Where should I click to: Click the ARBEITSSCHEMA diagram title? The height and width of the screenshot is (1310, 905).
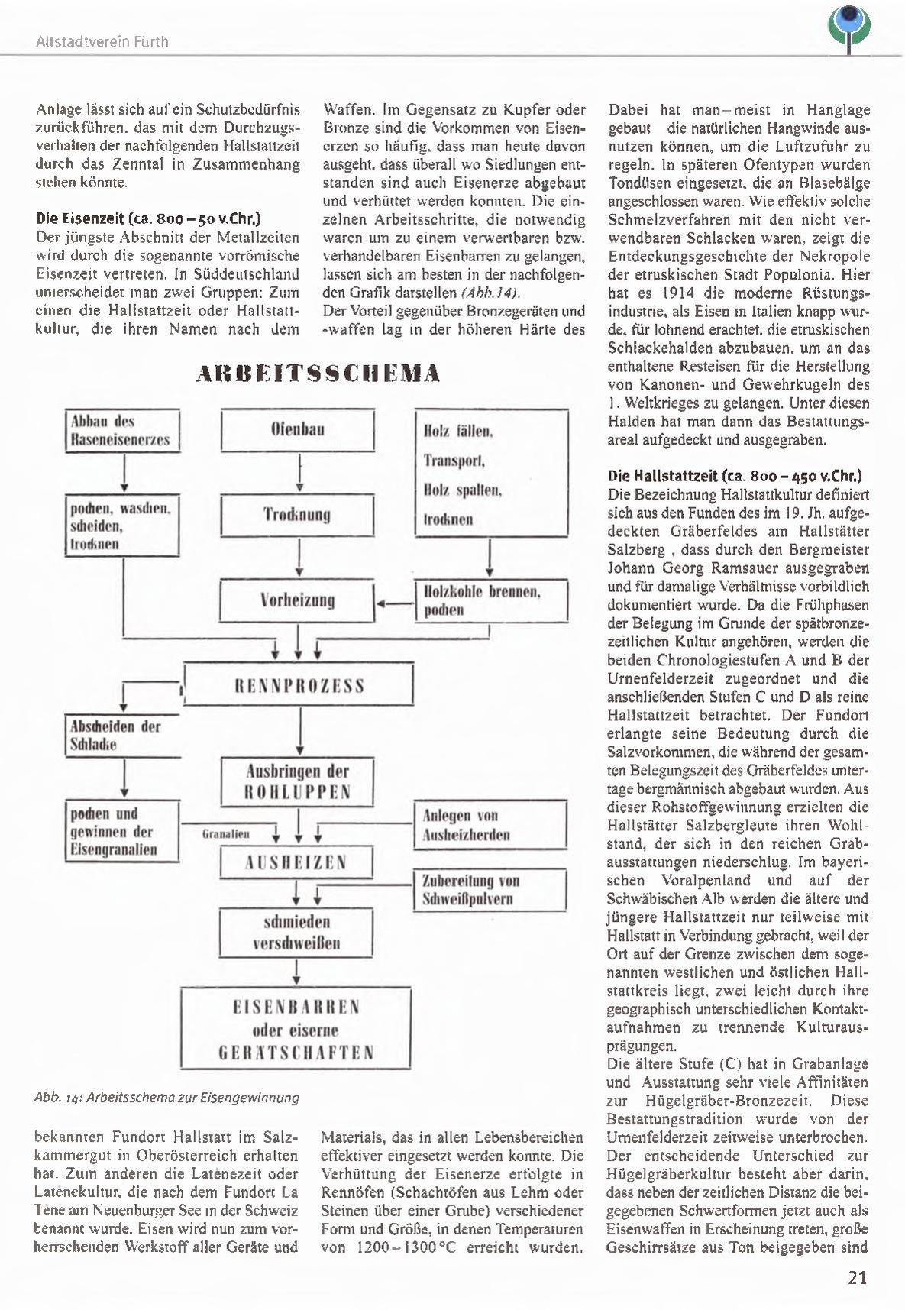tap(318, 374)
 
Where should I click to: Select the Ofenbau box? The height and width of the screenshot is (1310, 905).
tap(297, 430)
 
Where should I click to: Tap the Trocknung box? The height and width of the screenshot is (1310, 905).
tap(297, 514)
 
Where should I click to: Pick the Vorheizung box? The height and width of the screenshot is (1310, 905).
tap(297, 600)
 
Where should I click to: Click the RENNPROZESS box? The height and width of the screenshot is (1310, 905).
tap(299, 684)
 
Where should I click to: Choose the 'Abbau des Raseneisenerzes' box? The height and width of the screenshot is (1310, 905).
tap(121, 431)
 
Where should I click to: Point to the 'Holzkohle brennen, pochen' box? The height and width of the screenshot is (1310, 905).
tap(491, 600)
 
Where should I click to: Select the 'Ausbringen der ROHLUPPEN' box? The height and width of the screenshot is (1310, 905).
tap(296, 780)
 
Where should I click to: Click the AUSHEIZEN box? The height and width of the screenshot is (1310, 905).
tap(296, 863)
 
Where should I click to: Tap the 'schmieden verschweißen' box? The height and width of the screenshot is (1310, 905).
tap(296, 932)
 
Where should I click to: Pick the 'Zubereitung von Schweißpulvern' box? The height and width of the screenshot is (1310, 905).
tap(491, 890)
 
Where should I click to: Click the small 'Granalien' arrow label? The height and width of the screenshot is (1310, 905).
tap(225, 834)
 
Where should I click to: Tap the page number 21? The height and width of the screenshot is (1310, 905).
tap(857, 1277)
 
